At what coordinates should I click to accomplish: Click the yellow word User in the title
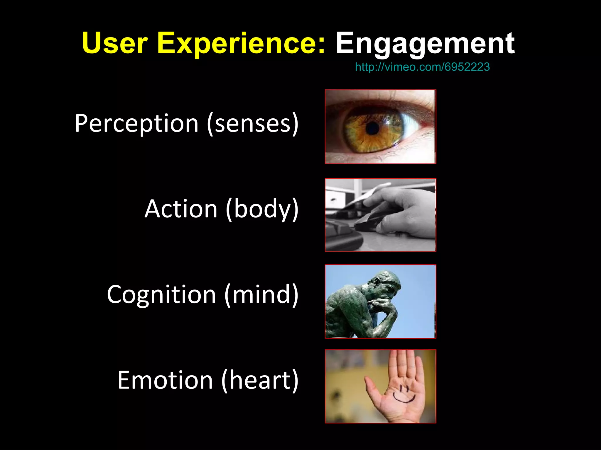(115, 43)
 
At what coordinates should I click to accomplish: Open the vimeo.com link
(422, 67)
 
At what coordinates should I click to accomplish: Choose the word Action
(181, 209)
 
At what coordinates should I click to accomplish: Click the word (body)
(262, 209)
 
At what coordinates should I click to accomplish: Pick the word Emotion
(165, 380)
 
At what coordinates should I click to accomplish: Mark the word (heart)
(260, 380)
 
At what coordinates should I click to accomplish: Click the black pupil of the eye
(373, 128)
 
